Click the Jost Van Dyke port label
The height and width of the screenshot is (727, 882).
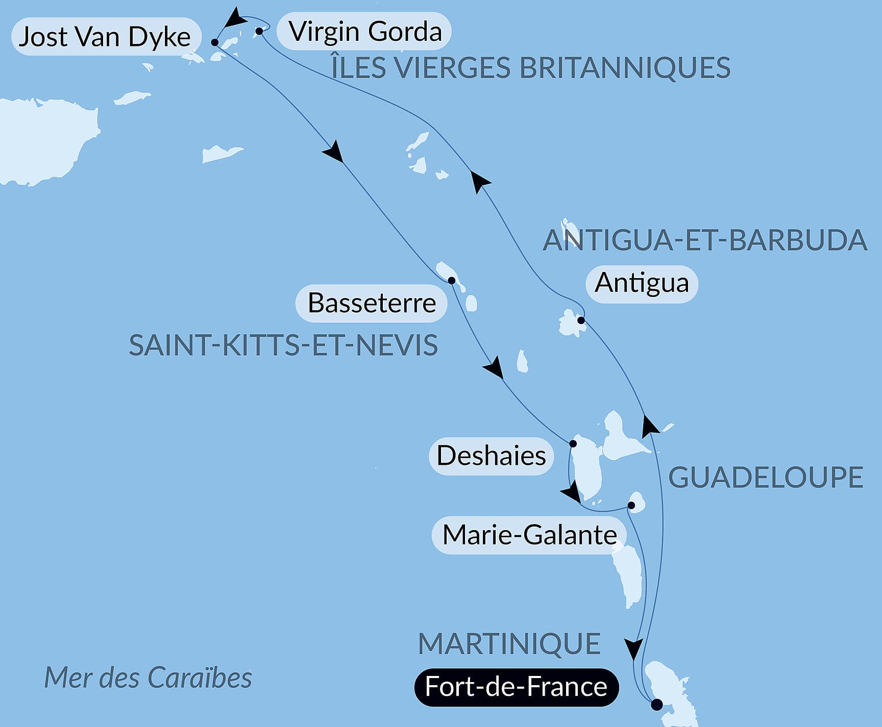105,37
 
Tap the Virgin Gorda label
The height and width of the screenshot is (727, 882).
365,31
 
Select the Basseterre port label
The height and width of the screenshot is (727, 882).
372,303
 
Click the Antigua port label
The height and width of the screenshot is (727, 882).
642,283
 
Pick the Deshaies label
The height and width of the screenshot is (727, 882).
491,456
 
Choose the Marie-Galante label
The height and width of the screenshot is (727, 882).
529,535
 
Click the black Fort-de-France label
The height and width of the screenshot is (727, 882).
516,687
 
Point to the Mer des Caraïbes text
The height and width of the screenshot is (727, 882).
148,678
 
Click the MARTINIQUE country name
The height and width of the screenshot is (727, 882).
509,644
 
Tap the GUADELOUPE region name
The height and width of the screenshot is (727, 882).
765,478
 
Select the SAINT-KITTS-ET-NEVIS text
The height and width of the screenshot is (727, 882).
283,345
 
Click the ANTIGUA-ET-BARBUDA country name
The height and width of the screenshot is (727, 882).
704,240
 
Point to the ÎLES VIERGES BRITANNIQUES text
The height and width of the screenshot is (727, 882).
531,68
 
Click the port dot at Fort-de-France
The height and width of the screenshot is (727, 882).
657,705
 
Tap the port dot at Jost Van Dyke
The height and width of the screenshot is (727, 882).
215,42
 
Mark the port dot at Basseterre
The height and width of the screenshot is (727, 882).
451,281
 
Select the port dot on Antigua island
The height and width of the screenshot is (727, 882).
581,320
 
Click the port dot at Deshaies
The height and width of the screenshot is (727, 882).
573,444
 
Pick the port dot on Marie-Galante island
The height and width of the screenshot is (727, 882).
631,506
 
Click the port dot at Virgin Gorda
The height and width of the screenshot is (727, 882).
259,31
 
